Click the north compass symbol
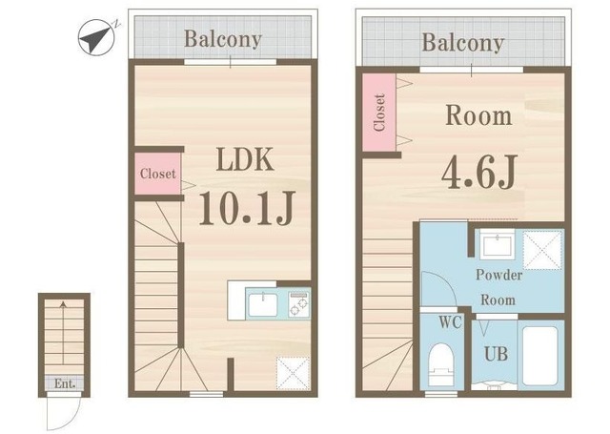pyautogui.click(x=96, y=37)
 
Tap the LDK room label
pyautogui.click(x=245, y=159)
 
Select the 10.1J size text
pyautogui.click(x=247, y=208)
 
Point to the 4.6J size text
pyautogui.click(x=479, y=172)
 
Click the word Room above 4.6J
pyautogui.click(x=478, y=115)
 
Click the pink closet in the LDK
pyautogui.click(x=157, y=174)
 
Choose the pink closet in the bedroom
pyautogui.click(x=379, y=113)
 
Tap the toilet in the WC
pyautogui.click(x=440, y=364)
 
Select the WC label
pyautogui.click(x=450, y=322)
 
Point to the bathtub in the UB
pyautogui.click(x=540, y=356)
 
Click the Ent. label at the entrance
pyautogui.click(x=65, y=383)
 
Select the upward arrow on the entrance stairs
pyautogui.click(x=62, y=332)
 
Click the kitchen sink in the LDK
pyautogui.click(x=263, y=305)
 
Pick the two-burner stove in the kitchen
pyautogui.click(x=298, y=303)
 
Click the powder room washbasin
pyautogui.click(x=498, y=244)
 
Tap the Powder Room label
pyautogui.click(x=498, y=287)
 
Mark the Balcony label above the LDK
pyautogui.click(x=222, y=39)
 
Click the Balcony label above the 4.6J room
pyautogui.click(x=463, y=43)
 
